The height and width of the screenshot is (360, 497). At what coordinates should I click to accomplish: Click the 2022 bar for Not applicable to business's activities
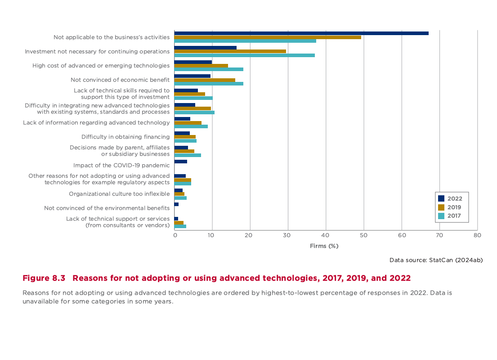point(301,33)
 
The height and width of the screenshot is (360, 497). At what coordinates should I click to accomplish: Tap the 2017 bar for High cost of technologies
point(209,69)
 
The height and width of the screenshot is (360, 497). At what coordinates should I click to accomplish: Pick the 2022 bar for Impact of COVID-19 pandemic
point(181,162)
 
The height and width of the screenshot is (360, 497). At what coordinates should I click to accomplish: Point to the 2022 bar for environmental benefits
point(176,204)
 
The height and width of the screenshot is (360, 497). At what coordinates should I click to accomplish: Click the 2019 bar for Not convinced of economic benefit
point(205,80)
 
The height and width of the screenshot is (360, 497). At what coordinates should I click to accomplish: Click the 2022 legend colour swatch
point(441,198)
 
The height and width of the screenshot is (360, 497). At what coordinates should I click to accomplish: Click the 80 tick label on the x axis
point(477,235)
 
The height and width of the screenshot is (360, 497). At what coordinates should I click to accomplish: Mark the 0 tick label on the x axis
point(175,235)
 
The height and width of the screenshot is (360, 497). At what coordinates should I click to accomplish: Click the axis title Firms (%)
point(324,246)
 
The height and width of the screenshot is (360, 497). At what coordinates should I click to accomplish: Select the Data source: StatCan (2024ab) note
point(436,260)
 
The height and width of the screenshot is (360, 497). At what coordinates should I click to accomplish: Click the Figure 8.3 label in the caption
point(44,278)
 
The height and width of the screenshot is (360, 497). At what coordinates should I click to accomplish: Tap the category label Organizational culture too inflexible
point(119,194)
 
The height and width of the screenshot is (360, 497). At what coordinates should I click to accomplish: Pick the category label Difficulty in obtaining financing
point(125,137)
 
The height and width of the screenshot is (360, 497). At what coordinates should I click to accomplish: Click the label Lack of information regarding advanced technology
point(96,122)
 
